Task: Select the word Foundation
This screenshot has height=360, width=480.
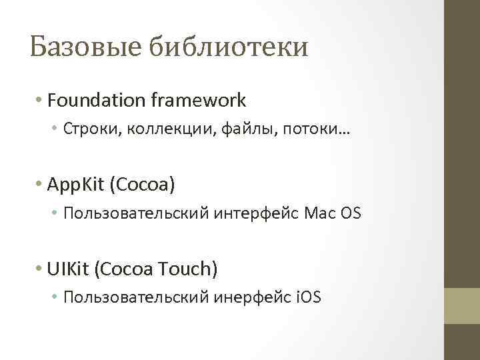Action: (97, 101)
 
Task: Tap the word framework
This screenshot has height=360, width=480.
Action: (199, 101)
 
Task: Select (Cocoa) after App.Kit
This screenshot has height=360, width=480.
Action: (145, 184)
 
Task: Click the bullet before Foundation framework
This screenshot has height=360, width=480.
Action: (41, 101)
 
